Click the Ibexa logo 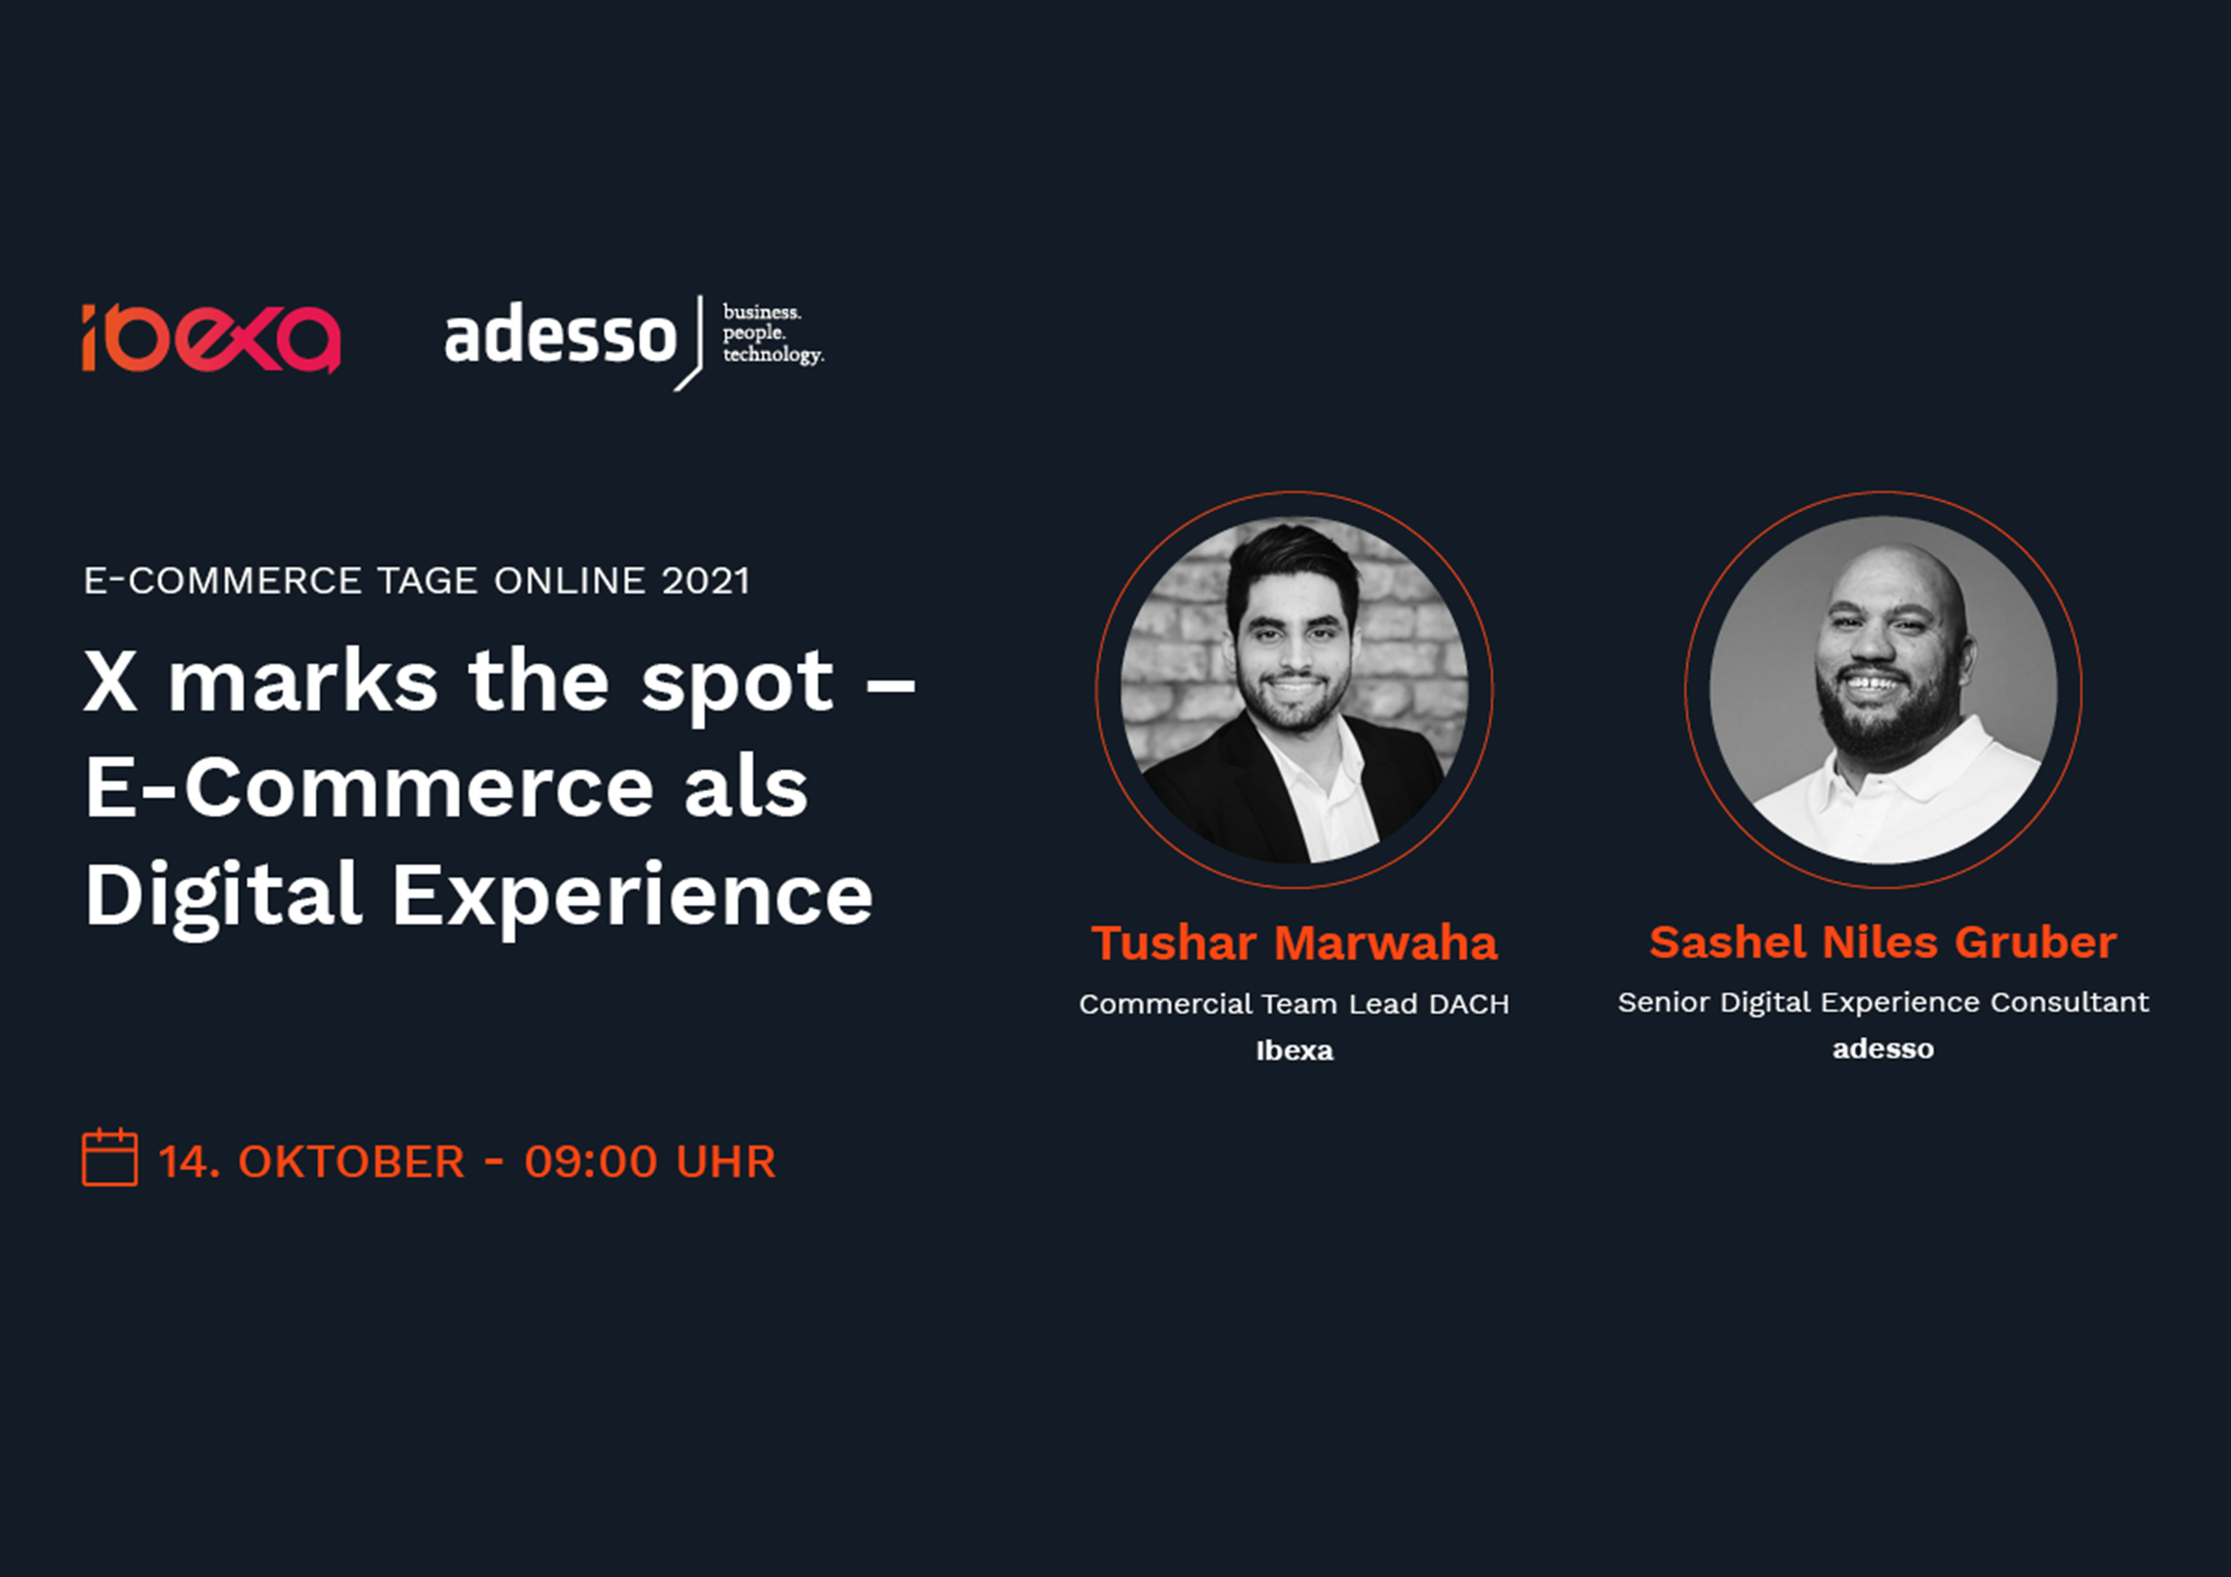[211, 339]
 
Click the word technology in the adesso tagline [773, 355]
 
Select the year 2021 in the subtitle [705, 581]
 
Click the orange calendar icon [110, 1157]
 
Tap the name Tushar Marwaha [1294, 942]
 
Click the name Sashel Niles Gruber [1883, 942]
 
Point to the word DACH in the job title [1469, 1003]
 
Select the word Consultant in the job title [2069, 1002]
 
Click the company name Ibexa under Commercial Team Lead [1294, 1050]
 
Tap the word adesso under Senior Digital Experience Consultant [1883, 1049]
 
